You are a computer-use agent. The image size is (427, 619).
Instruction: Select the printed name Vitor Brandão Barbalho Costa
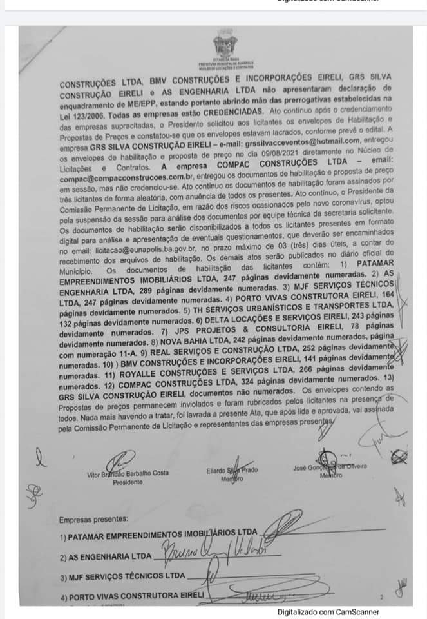[128, 473]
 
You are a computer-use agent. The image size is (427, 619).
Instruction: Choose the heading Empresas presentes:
[93, 519]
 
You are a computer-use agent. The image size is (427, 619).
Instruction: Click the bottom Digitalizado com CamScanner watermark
[328, 612]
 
